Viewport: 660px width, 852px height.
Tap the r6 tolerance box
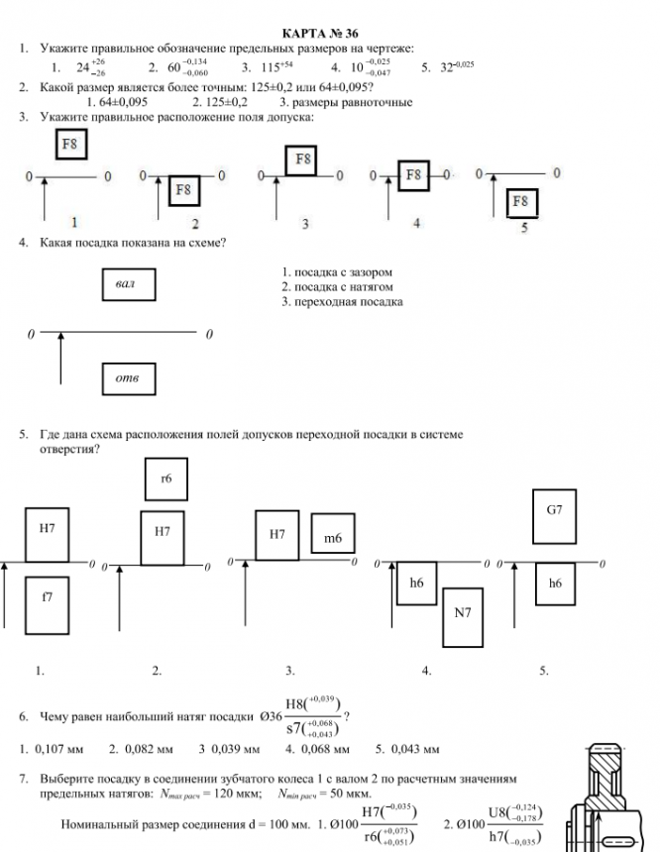tap(166, 479)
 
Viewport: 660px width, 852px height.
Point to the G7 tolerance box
tap(555, 511)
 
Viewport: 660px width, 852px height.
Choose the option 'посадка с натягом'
tap(338, 286)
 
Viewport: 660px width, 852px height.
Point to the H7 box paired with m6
tap(277, 535)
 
